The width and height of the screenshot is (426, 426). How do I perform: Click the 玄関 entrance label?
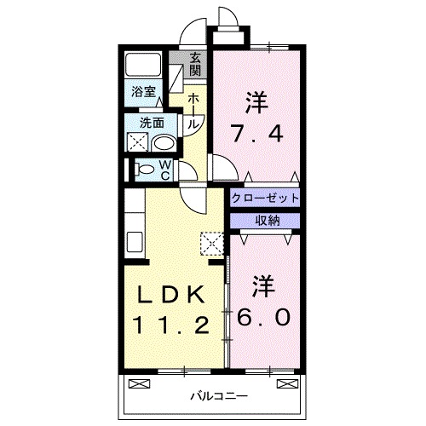click(195, 63)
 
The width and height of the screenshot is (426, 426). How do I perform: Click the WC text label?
click(167, 169)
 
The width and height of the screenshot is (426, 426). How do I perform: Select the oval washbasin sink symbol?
click(163, 142)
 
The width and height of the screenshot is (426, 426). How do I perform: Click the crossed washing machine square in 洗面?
click(139, 142)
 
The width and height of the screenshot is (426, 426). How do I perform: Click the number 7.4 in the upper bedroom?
click(255, 133)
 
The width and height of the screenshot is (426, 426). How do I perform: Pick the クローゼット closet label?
click(265, 198)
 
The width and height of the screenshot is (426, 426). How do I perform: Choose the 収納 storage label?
click(264, 221)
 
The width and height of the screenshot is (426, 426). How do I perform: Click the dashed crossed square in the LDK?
click(210, 244)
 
